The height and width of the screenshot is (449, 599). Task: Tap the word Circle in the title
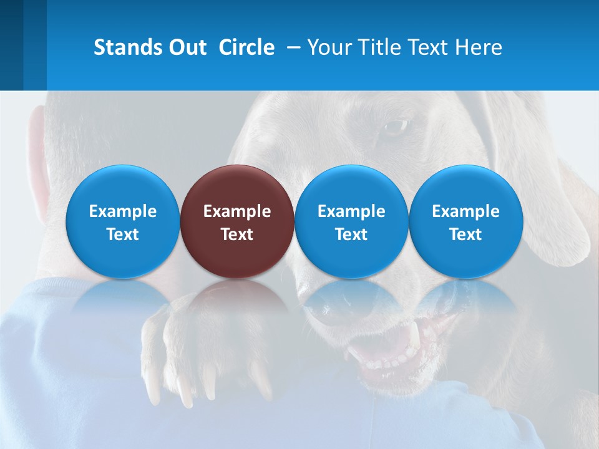pos(246,47)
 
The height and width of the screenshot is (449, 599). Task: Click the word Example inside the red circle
pos(237,211)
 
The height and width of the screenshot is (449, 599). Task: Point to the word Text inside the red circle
pos(237,234)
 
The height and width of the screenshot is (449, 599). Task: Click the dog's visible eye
pos(394,127)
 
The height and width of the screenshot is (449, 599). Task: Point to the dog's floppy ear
pos(549,187)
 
